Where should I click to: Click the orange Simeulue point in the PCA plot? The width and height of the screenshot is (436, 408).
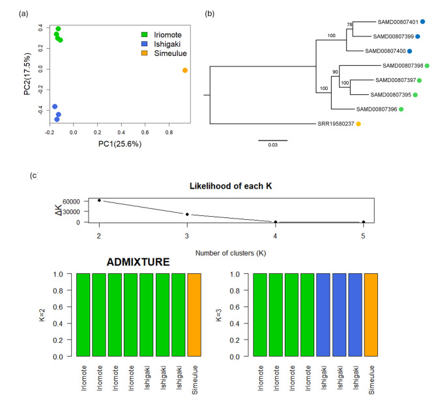[x=185, y=70]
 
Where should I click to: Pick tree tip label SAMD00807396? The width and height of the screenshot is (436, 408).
[x=376, y=109]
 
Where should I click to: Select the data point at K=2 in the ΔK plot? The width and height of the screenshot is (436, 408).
[x=99, y=200]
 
